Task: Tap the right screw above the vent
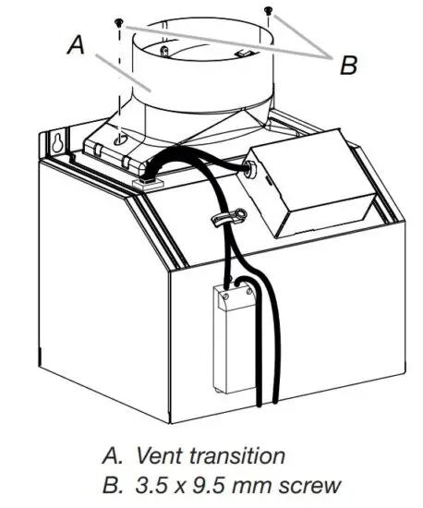pos(268,11)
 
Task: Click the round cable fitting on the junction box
pos(248,170)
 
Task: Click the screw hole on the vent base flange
pos(117,138)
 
